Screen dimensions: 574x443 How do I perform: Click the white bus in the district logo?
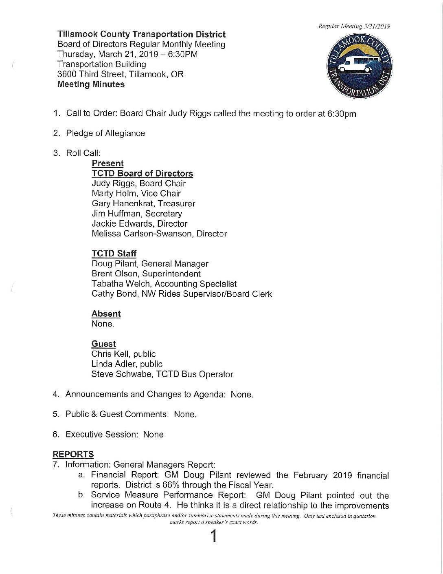tap(355, 66)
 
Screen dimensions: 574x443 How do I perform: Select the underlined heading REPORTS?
tap(73, 454)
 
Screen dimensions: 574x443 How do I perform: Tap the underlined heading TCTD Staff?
tap(114, 254)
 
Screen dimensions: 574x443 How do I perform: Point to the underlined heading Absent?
tap(106, 313)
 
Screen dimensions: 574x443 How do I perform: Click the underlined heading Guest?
tap(103, 344)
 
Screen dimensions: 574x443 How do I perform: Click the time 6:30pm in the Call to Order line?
tap(342, 114)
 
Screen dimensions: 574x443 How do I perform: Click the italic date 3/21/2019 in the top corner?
tap(377, 26)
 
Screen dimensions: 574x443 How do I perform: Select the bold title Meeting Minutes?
tap(91, 84)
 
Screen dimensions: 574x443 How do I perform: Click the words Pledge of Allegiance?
tap(105, 133)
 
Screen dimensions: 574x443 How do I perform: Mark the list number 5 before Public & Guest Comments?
tap(55, 414)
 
